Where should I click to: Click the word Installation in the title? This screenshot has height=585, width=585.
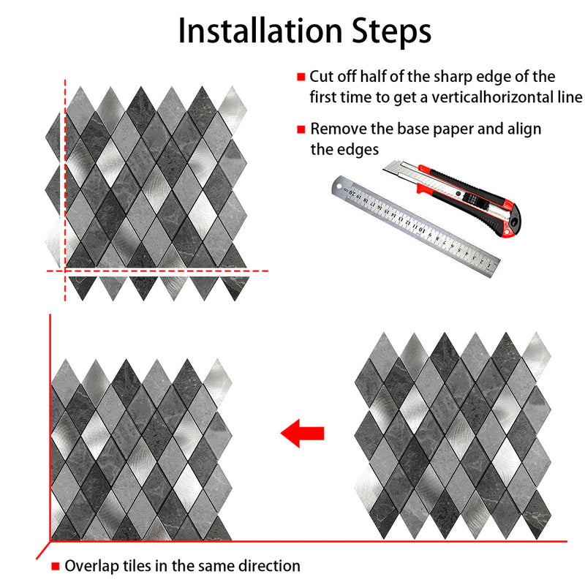pyautogui.click(x=257, y=31)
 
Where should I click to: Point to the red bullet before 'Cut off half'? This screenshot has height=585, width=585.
pyautogui.click(x=301, y=77)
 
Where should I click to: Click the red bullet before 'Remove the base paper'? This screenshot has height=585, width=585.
pyautogui.click(x=301, y=129)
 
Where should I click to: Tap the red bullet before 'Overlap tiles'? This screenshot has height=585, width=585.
pyautogui.click(x=56, y=566)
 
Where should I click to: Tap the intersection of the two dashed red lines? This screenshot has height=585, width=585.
pyautogui.click(x=66, y=271)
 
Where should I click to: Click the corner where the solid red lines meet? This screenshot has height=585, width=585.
pyautogui.click(x=50, y=541)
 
